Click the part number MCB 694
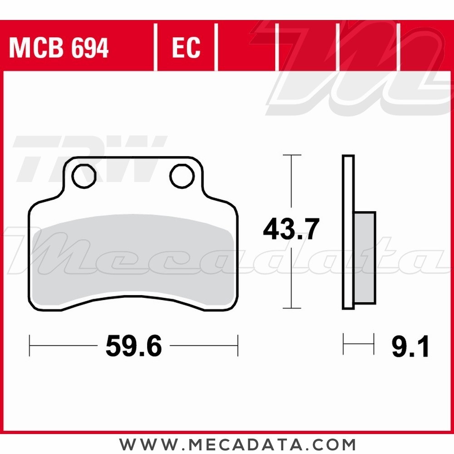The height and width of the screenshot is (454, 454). (59, 48)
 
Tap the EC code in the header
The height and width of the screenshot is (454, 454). (186, 48)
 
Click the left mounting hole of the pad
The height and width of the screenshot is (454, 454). (84, 176)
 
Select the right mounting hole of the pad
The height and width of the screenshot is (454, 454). (182, 176)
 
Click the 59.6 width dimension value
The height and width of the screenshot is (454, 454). (133, 347)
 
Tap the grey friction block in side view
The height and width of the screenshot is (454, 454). (365, 257)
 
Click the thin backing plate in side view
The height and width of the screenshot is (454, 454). (348, 232)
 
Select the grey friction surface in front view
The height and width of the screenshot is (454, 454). (134, 259)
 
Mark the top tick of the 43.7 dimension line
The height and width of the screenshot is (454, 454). (292, 155)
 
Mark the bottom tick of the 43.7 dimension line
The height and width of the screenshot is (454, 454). (292, 308)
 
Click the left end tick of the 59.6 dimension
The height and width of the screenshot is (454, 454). (30, 346)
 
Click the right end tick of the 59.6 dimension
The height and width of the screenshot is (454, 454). (237, 346)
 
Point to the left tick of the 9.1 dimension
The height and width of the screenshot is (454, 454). (344, 344)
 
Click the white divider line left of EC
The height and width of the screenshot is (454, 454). (155, 48)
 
